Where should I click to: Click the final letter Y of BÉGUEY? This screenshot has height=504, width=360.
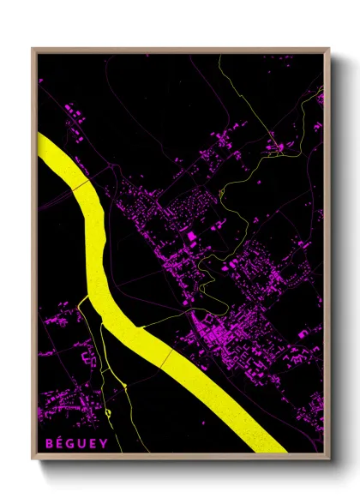coord(105,443)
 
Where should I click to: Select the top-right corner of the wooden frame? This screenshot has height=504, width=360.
coord(330,49)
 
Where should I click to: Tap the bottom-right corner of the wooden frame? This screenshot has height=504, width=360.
coord(330,460)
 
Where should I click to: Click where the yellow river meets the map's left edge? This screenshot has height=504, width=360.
coord(39,146)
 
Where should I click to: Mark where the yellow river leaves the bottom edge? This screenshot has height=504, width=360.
coord(266,451)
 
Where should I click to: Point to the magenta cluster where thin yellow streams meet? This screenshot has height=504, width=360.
coord(274,147)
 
